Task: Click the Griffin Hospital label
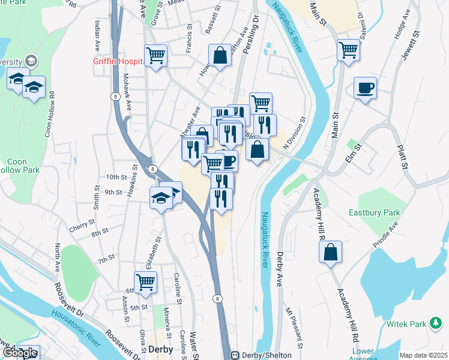point(117,61)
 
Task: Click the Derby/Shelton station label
point(263,354)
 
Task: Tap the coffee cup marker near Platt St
point(365,89)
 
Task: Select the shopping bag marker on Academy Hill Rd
point(330,253)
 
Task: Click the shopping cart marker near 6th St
point(145,282)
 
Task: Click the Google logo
point(20,353)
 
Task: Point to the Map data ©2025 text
point(423,355)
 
